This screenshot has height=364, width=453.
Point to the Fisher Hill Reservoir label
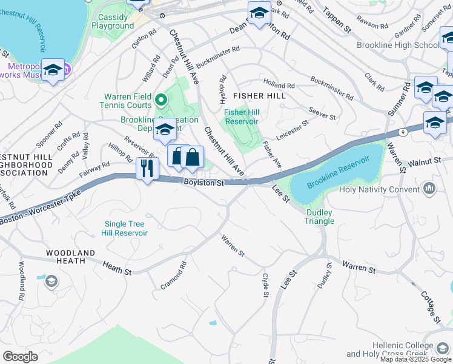[242, 116]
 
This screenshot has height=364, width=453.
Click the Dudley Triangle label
[319, 217]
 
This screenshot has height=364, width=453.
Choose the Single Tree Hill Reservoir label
[125, 228]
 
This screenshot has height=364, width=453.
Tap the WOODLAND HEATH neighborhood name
[71, 256]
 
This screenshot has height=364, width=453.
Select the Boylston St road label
[204, 182]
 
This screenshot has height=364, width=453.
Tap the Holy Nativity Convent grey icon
[430, 189]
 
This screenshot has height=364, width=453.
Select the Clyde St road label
[265, 285]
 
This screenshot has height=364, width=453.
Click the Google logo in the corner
[21, 357]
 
